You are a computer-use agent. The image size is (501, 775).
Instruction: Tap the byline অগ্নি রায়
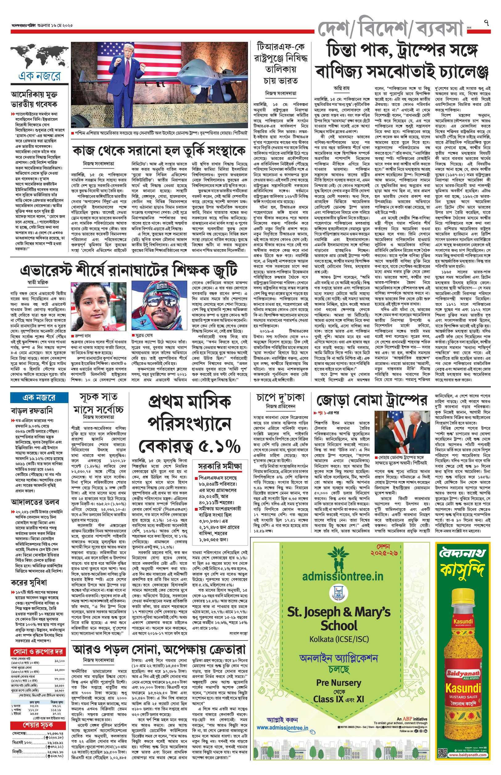[x=341, y=88]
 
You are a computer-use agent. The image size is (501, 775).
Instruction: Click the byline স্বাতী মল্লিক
[x=38, y=282]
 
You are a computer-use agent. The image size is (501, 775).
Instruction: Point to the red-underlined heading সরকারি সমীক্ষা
[x=220, y=466]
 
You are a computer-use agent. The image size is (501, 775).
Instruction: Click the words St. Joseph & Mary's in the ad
[x=339, y=612]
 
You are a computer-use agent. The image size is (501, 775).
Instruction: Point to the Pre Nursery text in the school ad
[x=338, y=682]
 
